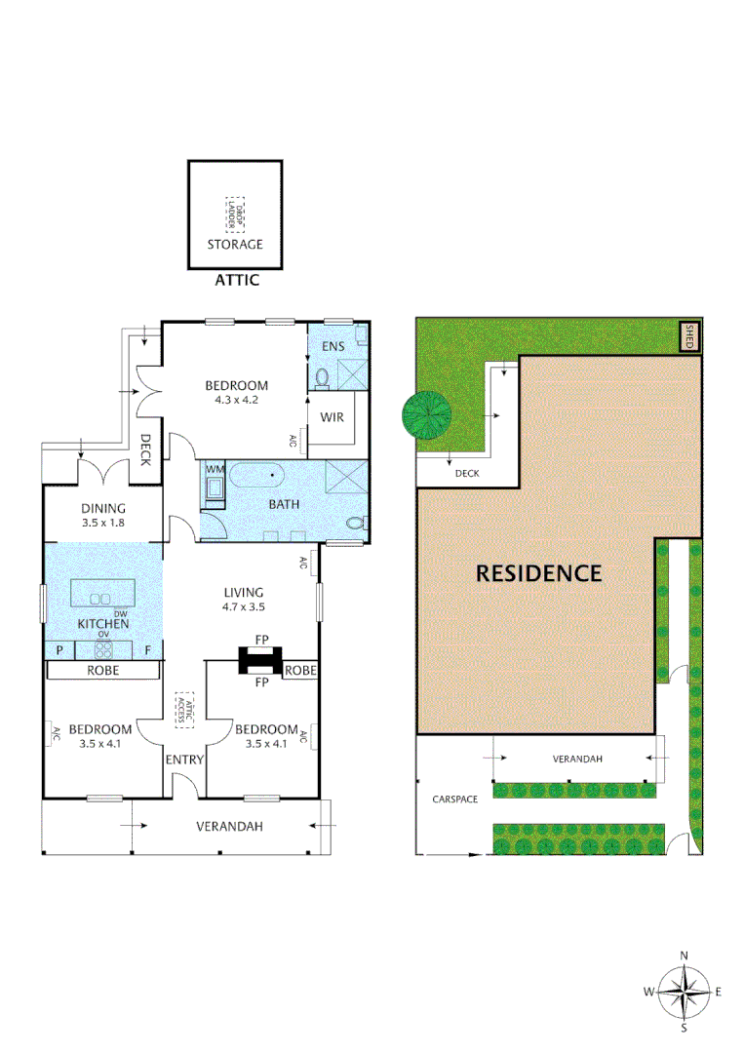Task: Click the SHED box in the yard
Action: (689, 337)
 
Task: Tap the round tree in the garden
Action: (427, 415)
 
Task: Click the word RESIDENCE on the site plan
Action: (538, 573)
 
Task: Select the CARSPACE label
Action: (455, 799)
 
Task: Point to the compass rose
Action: (684, 992)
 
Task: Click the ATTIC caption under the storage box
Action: (236, 281)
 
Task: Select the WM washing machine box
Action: (215, 485)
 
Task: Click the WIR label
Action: (332, 419)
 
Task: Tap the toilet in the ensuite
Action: (323, 377)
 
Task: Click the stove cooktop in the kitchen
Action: (103, 648)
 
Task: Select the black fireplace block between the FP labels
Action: (261, 660)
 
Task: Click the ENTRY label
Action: (184, 760)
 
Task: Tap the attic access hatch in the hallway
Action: (184, 710)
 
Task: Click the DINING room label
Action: (103, 508)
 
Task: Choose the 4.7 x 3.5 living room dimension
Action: (244, 605)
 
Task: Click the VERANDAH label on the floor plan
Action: (230, 827)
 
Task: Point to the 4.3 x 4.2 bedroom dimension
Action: (236, 399)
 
